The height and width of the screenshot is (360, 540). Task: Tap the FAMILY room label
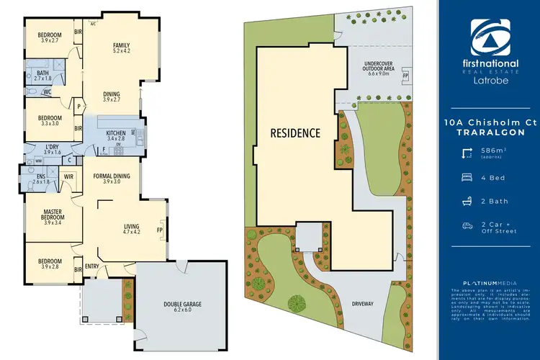coord(121,45)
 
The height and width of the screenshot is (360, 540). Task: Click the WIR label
coord(70,176)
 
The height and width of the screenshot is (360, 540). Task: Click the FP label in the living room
coord(161,231)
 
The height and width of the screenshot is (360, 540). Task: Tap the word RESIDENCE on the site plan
coord(295,133)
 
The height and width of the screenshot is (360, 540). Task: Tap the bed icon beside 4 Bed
coord(469,175)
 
